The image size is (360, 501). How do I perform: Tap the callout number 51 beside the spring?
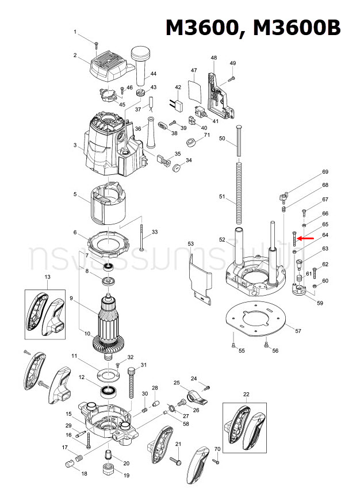point(222,197)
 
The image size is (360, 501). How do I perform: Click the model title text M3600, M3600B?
point(253,28)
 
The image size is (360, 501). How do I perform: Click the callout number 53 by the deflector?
point(191,244)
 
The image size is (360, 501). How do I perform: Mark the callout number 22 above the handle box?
point(246,393)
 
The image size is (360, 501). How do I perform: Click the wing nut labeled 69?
point(281,198)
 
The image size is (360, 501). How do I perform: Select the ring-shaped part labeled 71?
point(190,143)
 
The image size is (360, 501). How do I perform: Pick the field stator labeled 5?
point(108,206)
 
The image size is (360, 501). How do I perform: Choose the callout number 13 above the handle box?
point(47,277)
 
